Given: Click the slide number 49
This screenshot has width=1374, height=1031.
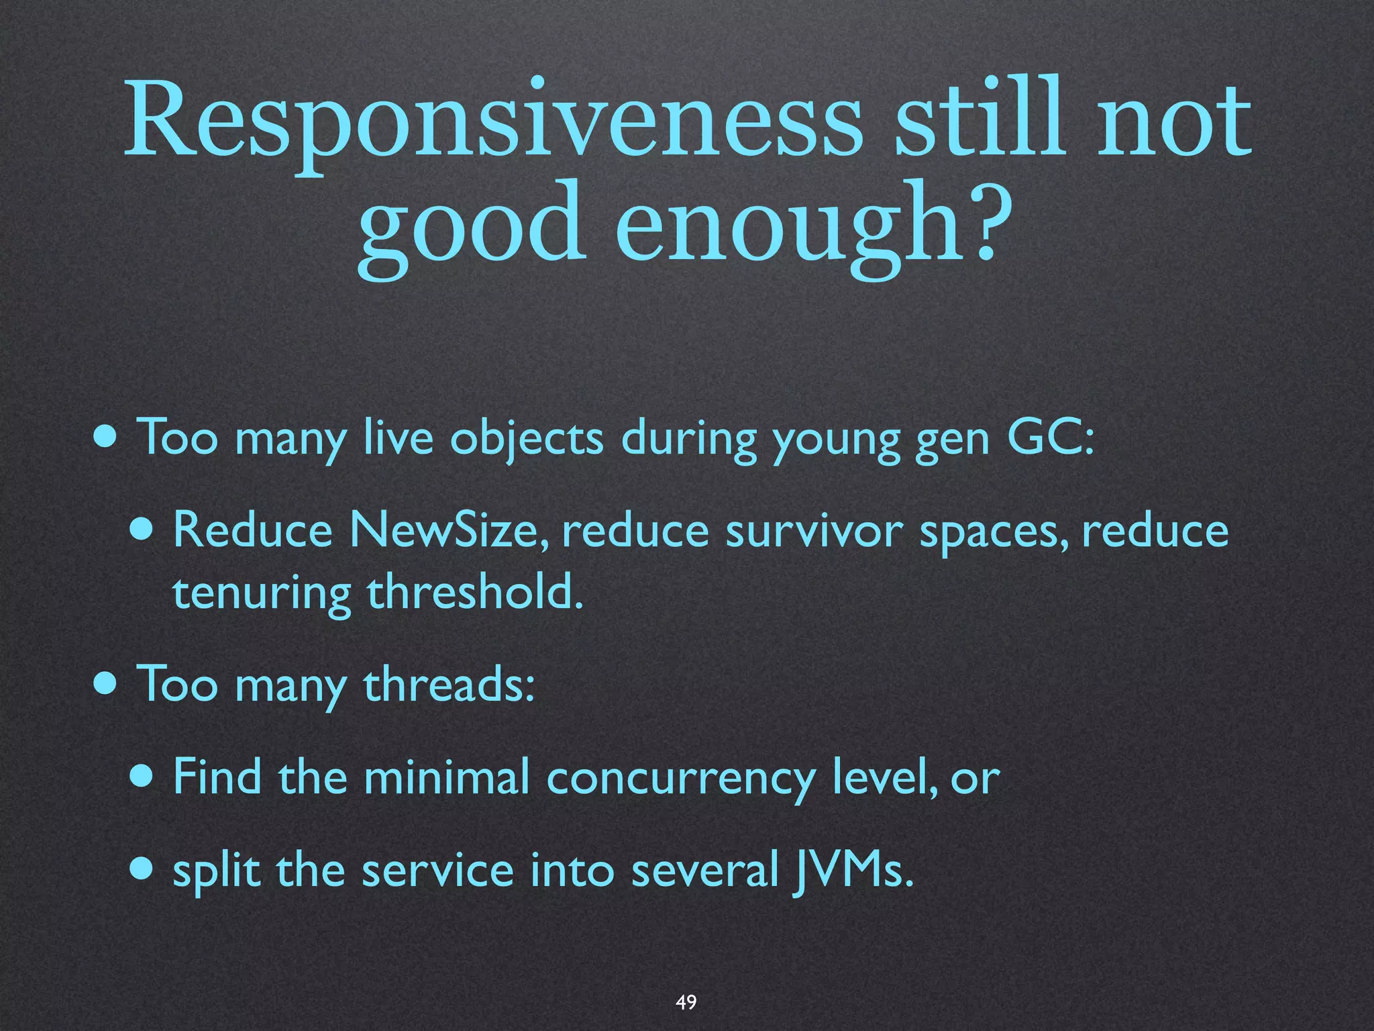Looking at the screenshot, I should pos(686,1002).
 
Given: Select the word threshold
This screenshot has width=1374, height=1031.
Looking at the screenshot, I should pos(475,592).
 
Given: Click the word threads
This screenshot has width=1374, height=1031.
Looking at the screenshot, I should pos(448,685).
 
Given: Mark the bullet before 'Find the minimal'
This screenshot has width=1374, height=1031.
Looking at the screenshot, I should pos(143,777).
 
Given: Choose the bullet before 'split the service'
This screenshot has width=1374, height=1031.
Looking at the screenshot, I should pos(143,870).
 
